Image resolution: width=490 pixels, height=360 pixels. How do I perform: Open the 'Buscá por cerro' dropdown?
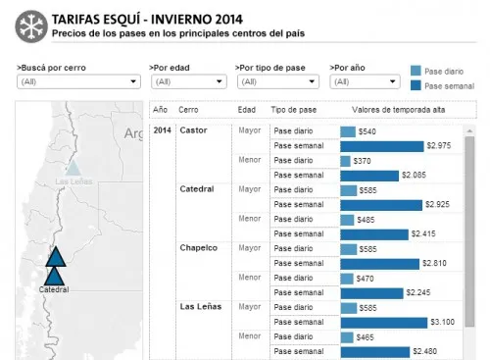(x=77, y=81)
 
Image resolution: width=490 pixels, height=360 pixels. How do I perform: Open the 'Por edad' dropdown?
(x=188, y=81)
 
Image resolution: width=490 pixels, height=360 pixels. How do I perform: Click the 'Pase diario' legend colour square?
(x=416, y=71)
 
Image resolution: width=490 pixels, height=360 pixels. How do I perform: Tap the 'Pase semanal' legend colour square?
(x=416, y=86)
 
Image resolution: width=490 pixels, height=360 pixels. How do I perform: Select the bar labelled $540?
(x=348, y=130)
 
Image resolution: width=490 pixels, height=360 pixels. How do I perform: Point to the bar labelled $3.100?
(x=383, y=322)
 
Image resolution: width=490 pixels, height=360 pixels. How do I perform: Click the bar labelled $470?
(x=347, y=278)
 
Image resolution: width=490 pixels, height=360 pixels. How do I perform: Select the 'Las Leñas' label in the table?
(x=200, y=307)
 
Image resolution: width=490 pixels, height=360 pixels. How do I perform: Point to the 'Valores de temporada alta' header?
(x=386, y=109)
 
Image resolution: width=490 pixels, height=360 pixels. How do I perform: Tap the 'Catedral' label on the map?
(x=54, y=290)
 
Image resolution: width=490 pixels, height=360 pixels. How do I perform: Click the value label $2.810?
(x=434, y=263)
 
